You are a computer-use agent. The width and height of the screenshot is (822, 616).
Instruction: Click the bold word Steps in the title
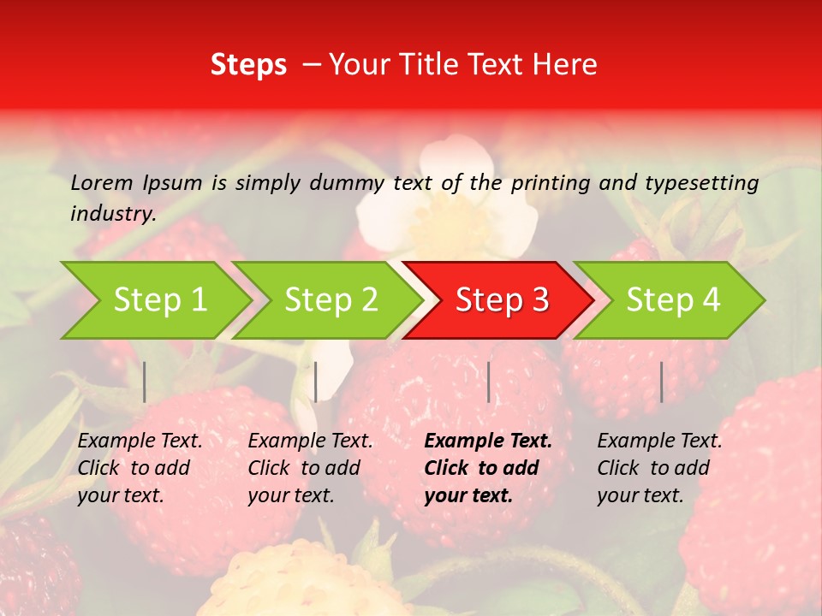(248, 65)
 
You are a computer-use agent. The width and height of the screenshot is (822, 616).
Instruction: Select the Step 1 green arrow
(154, 300)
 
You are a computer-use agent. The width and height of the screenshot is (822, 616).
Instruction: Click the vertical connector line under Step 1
(145, 382)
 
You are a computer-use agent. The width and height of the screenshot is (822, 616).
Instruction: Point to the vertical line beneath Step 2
(316, 382)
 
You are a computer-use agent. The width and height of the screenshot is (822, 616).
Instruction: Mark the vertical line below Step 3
(489, 382)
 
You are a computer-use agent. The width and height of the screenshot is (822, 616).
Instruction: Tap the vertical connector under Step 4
(661, 382)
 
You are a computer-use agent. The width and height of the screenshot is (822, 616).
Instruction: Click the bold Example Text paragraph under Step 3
(488, 468)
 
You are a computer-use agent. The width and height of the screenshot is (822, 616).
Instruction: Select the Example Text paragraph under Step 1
(140, 468)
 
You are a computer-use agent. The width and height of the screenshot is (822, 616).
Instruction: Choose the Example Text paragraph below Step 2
(310, 468)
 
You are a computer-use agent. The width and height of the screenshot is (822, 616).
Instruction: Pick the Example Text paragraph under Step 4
(659, 468)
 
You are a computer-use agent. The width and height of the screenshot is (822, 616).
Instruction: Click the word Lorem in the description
(102, 182)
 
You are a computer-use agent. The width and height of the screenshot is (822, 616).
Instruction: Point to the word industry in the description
(112, 214)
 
